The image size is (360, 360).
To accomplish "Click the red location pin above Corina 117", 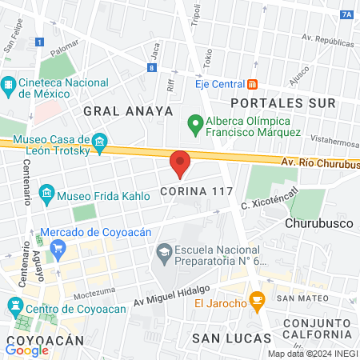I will tap(180, 162).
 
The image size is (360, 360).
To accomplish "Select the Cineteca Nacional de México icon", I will tap(9, 84).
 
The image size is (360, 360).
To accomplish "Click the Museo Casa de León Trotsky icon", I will tap(100, 143).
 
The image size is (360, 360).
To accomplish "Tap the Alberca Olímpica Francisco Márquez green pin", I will tap(194, 123).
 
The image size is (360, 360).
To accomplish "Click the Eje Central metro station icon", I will tap(252, 83).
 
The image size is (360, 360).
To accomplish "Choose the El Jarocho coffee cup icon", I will tap(257, 302).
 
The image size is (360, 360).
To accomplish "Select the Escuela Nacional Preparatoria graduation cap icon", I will tap(164, 253).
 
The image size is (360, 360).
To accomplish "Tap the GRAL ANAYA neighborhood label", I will tap(128, 110).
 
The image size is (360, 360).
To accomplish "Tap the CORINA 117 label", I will tap(196, 192).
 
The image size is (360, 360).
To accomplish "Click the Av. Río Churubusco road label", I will tap(319, 164).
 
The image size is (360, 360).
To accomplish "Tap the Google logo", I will tap(27, 350).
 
